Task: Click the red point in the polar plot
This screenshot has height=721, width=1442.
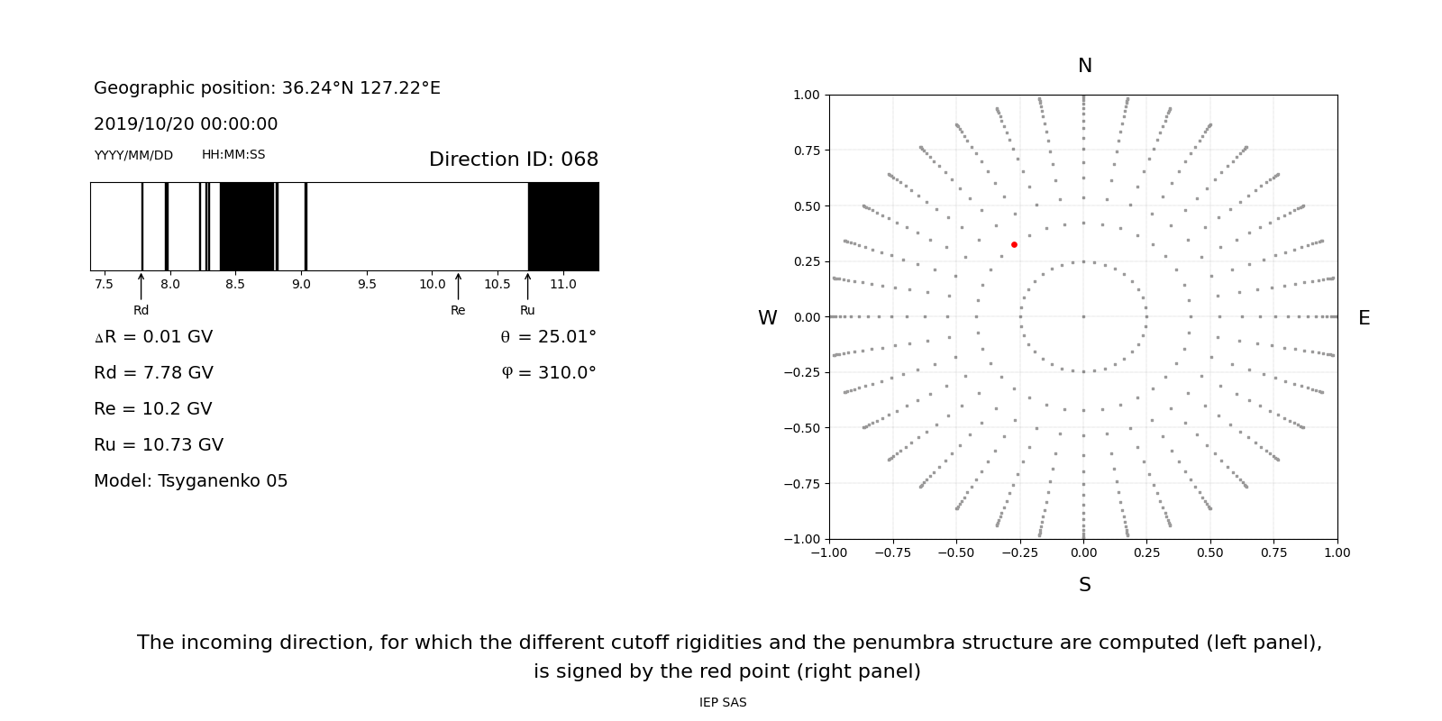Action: coord(1014,244)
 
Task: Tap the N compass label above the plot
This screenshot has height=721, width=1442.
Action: coord(1084,66)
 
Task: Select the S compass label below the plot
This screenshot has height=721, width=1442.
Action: coord(1084,585)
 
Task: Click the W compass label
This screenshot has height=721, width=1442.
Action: coord(767,318)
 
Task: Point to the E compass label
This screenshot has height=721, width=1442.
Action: coord(1364,318)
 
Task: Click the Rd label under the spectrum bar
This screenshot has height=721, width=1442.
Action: coord(141,311)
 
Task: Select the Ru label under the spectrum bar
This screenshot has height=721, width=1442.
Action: coord(527,311)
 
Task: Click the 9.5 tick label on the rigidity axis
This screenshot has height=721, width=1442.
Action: coord(367,285)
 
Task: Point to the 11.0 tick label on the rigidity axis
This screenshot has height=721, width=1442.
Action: coord(563,285)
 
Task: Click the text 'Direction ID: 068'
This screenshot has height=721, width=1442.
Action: coord(513,160)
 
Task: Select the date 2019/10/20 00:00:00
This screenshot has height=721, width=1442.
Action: coord(186,124)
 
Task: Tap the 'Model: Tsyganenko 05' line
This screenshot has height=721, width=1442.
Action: coord(191,481)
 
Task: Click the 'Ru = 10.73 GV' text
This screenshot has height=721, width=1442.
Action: coord(159,445)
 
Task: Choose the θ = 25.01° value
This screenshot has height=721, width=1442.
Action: coord(548,337)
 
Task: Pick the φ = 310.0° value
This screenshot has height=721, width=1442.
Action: coord(548,373)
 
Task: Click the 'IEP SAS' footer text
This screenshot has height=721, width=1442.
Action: coord(723,703)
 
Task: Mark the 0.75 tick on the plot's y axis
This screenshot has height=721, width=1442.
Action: coord(807,151)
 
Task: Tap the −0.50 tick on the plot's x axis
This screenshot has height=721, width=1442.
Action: coord(956,552)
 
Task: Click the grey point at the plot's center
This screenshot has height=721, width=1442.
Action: coord(1083,316)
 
